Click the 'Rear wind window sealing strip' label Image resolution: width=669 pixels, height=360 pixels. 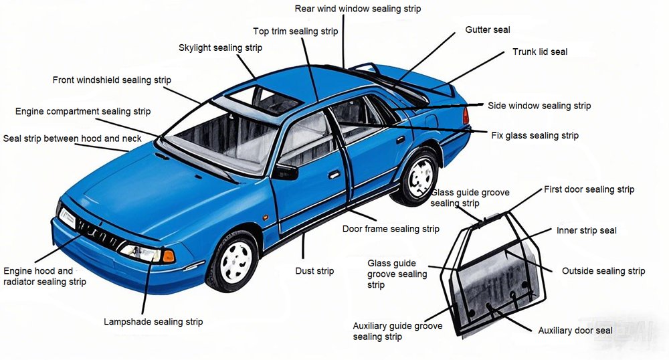click(358, 9)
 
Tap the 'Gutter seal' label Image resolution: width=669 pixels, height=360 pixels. click(488, 30)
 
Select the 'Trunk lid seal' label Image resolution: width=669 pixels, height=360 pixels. click(540, 52)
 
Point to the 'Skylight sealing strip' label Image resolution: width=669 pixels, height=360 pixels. click(220, 48)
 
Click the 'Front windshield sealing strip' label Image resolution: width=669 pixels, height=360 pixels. click(112, 80)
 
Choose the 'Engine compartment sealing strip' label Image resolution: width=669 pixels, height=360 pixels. click(83, 112)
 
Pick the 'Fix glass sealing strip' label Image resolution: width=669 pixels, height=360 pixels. click(535, 136)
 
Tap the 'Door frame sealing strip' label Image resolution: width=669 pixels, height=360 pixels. click(391, 230)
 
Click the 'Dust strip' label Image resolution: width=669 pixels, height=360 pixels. click(314, 271)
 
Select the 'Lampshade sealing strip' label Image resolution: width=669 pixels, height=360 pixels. click(153, 322)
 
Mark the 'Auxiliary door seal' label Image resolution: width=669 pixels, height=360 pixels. click(575, 331)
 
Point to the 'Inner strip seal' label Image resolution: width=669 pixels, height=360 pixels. click(587, 231)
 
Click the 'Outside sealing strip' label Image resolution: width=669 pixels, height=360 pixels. click(603, 271)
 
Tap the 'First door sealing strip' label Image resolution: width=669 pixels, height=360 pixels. click(589, 189)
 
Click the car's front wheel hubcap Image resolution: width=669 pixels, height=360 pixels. click(235, 259)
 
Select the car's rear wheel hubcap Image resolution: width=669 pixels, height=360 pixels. click(421, 177)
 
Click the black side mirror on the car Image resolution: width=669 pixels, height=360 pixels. click(286, 172)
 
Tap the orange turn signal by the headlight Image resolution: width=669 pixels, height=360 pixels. click(169, 256)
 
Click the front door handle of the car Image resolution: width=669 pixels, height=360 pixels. click(333, 175)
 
